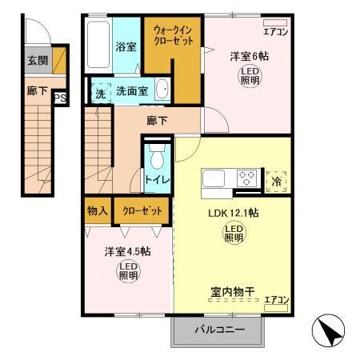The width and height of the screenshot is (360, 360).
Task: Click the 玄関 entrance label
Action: click(36, 59)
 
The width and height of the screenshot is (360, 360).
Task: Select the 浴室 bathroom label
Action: click(126, 46)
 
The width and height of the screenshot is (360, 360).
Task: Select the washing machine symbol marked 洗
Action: click(100, 91)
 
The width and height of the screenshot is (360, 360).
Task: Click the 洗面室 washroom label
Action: click(131, 91)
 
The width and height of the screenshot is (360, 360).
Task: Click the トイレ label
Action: click(156, 178)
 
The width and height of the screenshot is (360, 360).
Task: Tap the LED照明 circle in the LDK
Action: click(233, 234)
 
